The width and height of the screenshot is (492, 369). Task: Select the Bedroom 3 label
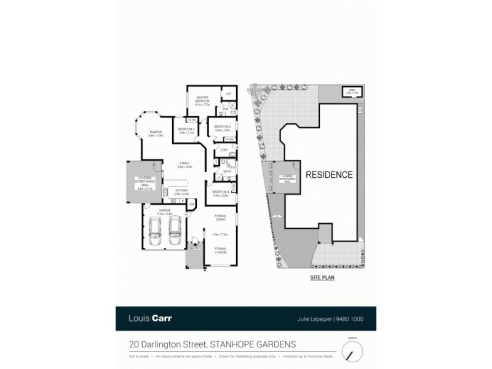point(186,129)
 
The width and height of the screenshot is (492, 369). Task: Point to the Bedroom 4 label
point(221,192)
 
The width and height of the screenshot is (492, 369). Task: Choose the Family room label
point(184,164)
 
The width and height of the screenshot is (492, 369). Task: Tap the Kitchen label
point(181,191)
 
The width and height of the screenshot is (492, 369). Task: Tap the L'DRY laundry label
point(224,151)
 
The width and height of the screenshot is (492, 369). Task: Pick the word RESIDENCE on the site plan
point(329,175)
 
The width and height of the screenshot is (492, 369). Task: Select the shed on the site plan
point(351,92)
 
